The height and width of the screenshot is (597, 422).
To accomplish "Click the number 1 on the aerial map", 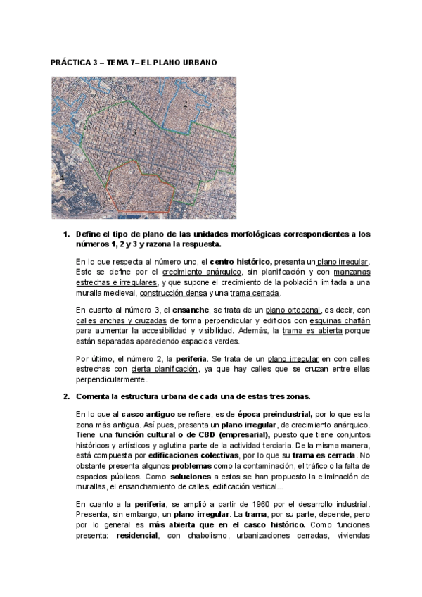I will point(133,184).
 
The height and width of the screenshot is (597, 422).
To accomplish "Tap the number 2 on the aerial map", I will point(184,104).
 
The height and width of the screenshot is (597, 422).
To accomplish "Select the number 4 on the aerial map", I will point(62,180).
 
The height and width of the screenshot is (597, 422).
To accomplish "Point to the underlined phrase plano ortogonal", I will point(294,310).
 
